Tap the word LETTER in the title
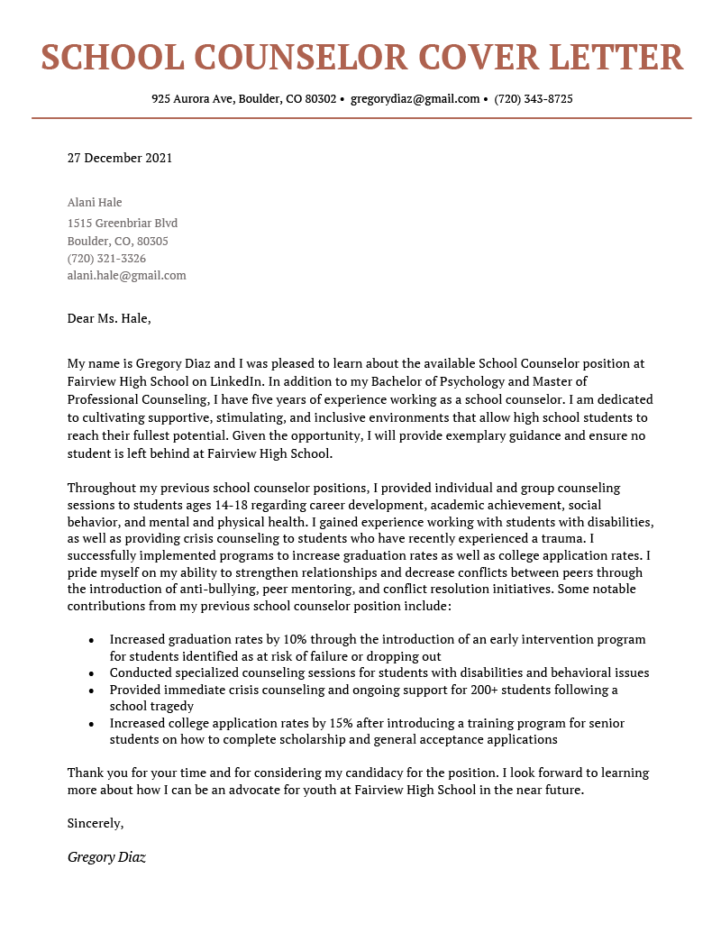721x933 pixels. pyautogui.click(x=616, y=58)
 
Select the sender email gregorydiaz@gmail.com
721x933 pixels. pyautogui.click(x=415, y=99)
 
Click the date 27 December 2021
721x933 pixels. pyautogui.click(x=120, y=159)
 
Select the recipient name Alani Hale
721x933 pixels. pyautogui.click(x=95, y=203)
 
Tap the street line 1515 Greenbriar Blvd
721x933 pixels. pyautogui.click(x=123, y=224)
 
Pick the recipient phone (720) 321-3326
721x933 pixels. pyautogui.click(x=106, y=259)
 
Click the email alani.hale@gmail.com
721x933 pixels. pyautogui.click(x=127, y=276)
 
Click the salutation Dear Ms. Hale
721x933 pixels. pyautogui.click(x=109, y=318)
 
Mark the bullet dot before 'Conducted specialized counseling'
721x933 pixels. pyautogui.click(x=91, y=673)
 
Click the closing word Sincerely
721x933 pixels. pyautogui.click(x=96, y=823)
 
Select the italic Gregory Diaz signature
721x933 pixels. pyautogui.click(x=106, y=857)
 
